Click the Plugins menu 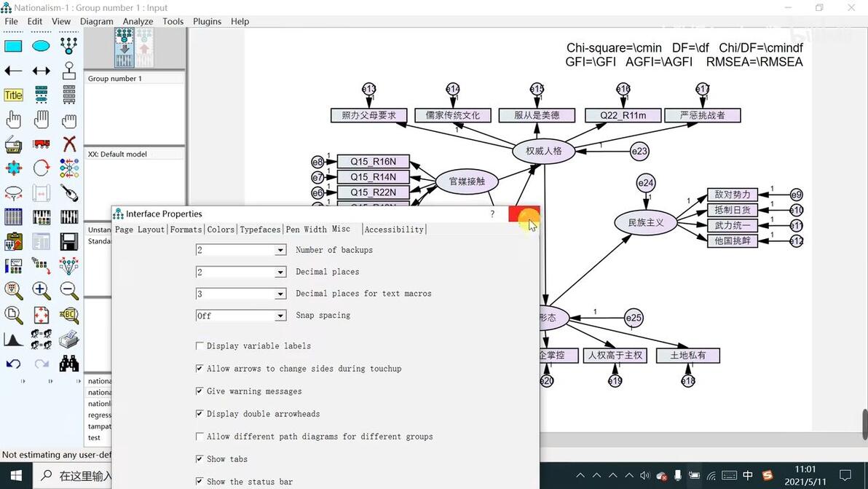207,21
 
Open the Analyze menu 138,21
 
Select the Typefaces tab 260,230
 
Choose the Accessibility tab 394,230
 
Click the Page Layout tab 140,230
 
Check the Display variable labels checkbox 200,346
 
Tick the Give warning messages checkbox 200,391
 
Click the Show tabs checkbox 200,459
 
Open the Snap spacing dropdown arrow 280,316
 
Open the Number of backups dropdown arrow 280,251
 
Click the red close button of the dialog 524,215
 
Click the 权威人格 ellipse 543,152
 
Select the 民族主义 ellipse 646,222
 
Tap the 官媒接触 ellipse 467,181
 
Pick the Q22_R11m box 623,115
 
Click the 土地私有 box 687,356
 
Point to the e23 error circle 639,152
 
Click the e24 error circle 646,183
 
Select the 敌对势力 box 732,195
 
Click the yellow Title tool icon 14,95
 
